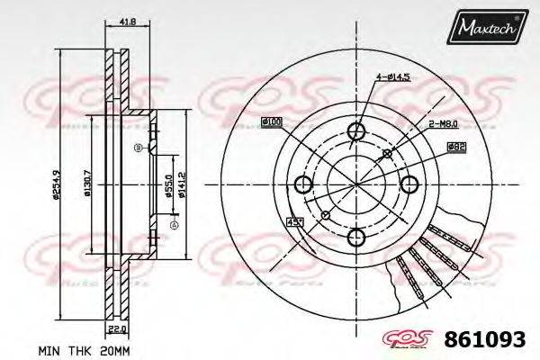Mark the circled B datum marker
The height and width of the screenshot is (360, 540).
[x=137, y=147]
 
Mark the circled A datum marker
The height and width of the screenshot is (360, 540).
[x=175, y=224]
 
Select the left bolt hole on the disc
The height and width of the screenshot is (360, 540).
[x=303, y=185]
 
